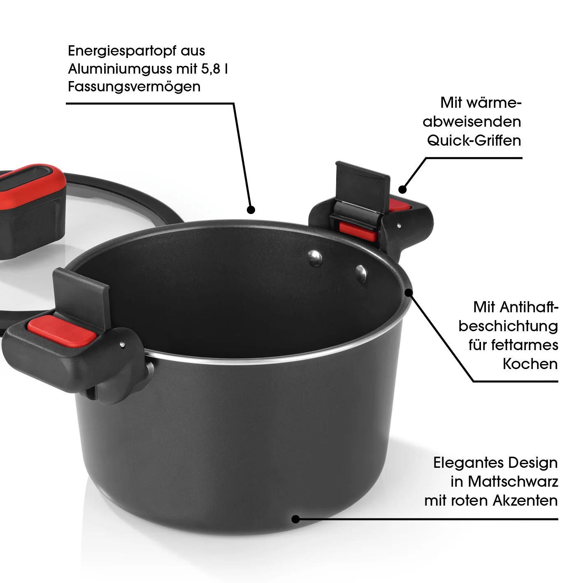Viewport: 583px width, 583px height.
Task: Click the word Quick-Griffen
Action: (474, 141)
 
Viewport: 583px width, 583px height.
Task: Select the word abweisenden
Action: (472, 122)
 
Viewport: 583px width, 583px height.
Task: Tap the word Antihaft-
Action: (516, 307)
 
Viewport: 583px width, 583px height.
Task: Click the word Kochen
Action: (530, 364)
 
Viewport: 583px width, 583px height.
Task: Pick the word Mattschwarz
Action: (513, 482)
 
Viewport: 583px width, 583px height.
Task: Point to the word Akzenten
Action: (525, 501)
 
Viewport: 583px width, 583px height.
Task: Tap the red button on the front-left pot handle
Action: (62, 331)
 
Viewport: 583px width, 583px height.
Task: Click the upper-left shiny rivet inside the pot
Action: (315, 258)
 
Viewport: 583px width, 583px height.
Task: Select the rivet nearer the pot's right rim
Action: (361, 274)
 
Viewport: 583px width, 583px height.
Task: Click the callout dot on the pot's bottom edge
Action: (295, 519)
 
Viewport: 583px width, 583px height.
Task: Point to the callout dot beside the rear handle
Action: (402, 190)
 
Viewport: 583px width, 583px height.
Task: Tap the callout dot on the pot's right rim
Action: (409, 293)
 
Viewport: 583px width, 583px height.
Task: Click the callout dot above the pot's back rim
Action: (251, 210)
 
